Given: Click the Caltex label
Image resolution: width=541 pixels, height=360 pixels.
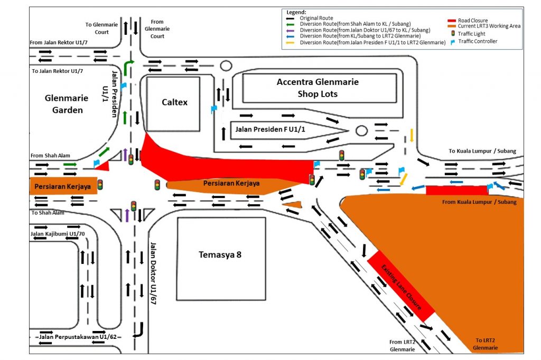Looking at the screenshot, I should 174,102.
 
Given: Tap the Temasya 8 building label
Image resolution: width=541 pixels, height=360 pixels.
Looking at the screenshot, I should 220,254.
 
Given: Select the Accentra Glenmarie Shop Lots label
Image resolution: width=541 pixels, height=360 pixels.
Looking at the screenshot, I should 318,88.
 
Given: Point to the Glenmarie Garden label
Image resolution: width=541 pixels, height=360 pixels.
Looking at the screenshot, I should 64,104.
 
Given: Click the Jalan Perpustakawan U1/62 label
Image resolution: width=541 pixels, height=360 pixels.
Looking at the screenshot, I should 78,336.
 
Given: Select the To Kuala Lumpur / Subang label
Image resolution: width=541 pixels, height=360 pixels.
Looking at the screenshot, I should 482,151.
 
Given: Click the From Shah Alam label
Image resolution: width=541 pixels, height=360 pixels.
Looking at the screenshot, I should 50,156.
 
